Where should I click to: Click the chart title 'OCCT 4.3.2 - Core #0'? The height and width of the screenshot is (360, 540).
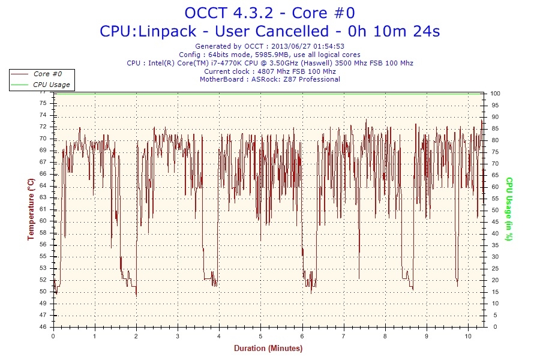click(269, 13)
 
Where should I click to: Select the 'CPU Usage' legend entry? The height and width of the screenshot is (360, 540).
click(51, 85)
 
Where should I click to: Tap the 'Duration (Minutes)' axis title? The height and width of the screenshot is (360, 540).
click(268, 348)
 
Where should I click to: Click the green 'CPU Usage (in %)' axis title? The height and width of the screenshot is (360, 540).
click(509, 209)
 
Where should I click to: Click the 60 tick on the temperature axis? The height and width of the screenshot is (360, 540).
click(43, 221)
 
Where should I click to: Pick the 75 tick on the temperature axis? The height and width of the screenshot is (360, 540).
click(43, 103)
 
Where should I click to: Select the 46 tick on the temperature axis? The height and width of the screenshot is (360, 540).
click(43, 327)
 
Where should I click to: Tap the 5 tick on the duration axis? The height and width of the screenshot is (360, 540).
click(260, 336)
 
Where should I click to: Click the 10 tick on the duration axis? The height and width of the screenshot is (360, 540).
click(468, 336)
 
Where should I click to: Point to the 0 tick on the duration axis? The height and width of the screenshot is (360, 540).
click(53, 336)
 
